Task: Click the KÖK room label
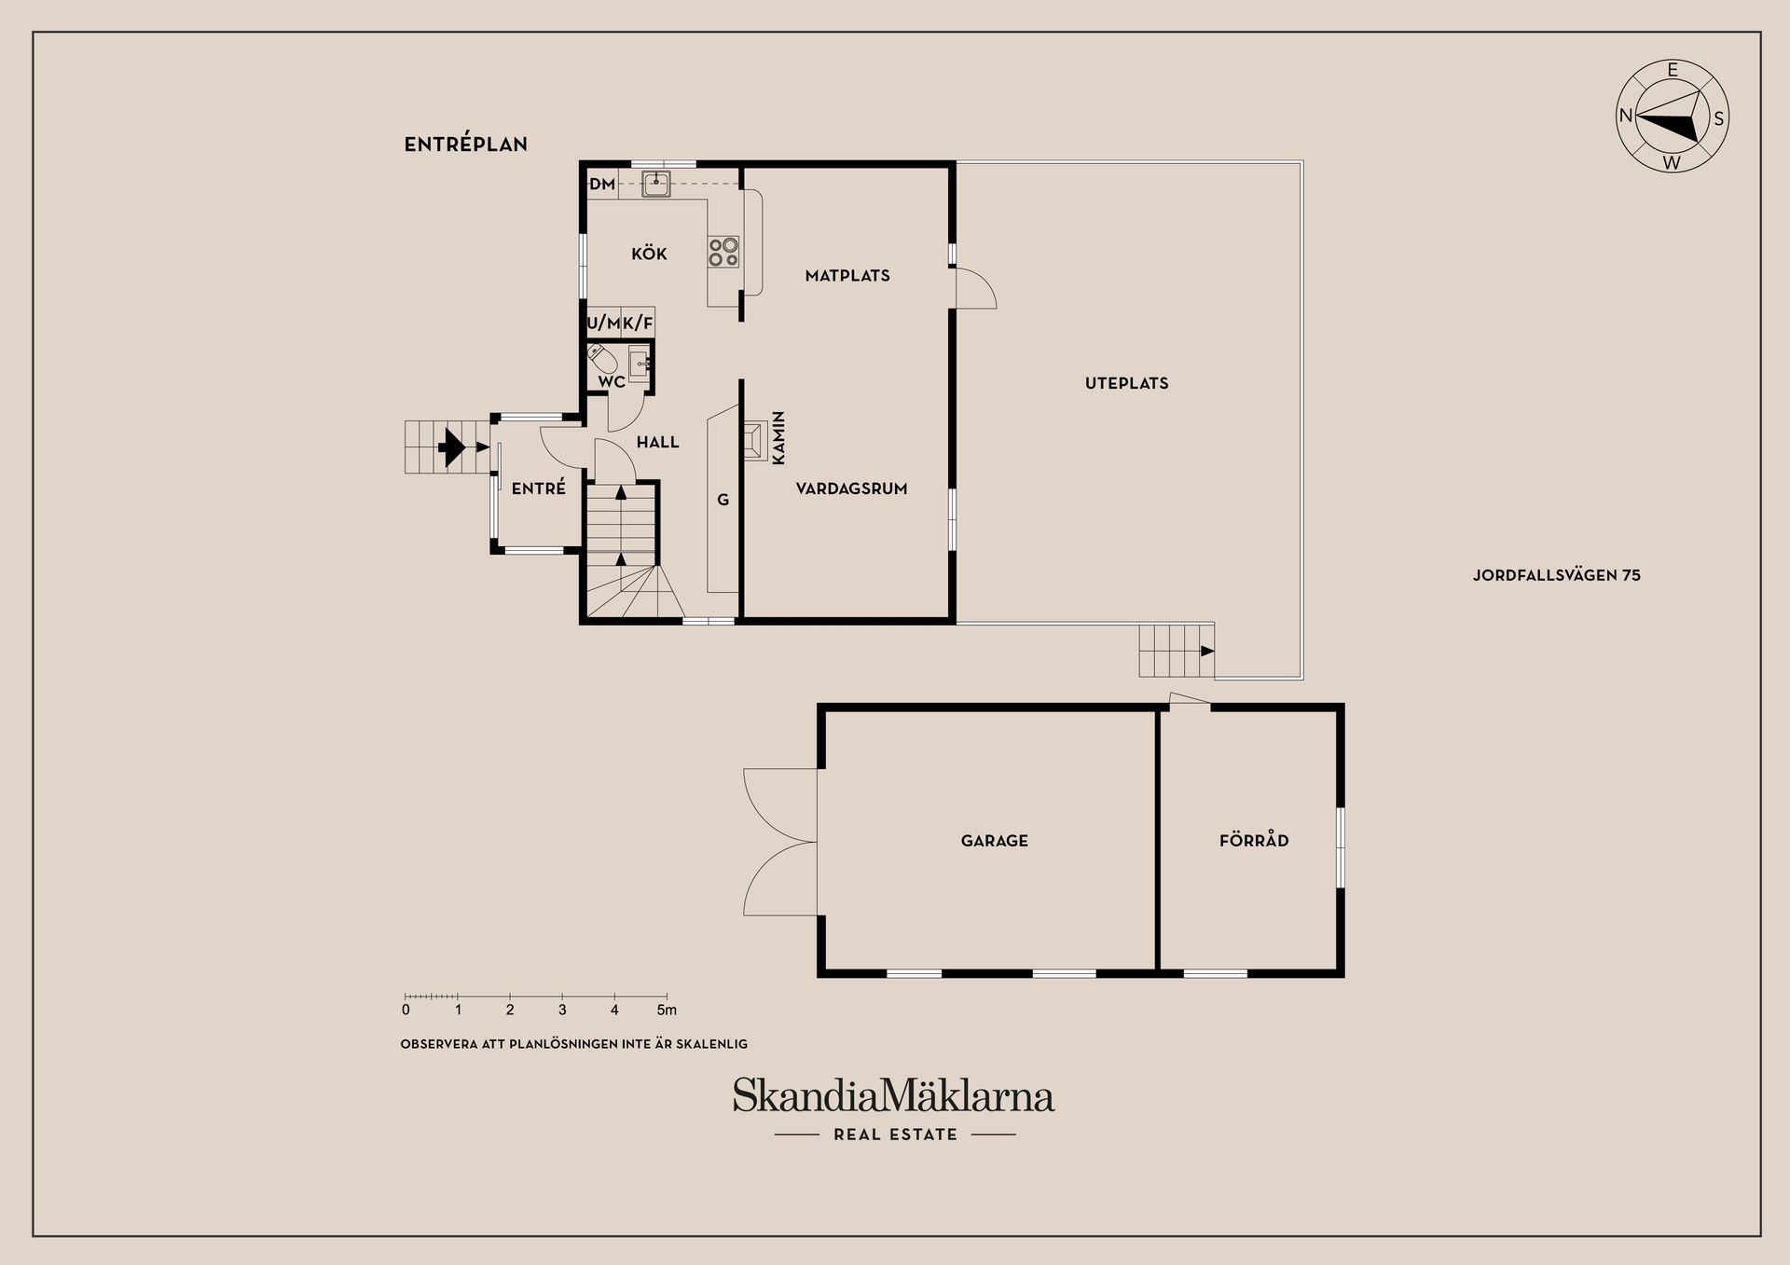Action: tap(649, 254)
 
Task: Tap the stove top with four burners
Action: tap(723, 252)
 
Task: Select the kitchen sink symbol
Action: tap(656, 183)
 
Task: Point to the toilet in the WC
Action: tap(601, 357)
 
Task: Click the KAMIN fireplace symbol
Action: tap(755, 439)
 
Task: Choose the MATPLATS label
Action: tap(847, 276)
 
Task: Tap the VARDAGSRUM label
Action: tap(851, 488)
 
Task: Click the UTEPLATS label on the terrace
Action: tap(1126, 383)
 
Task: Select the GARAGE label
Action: tap(994, 841)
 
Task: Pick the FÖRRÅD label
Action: tap(1254, 841)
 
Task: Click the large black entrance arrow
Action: tap(453, 447)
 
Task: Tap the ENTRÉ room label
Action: tap(538, 488)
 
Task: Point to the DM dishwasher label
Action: tap(602, 185)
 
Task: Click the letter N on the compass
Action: tap(1626, 116)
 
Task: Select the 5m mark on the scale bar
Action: tap(667, 1010)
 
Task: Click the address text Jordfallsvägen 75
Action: tap(1556, 575)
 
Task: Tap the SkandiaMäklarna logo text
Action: tap(893, 1095)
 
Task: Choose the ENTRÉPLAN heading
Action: tap(465, 144)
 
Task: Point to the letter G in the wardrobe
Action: tap(723, 501)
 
